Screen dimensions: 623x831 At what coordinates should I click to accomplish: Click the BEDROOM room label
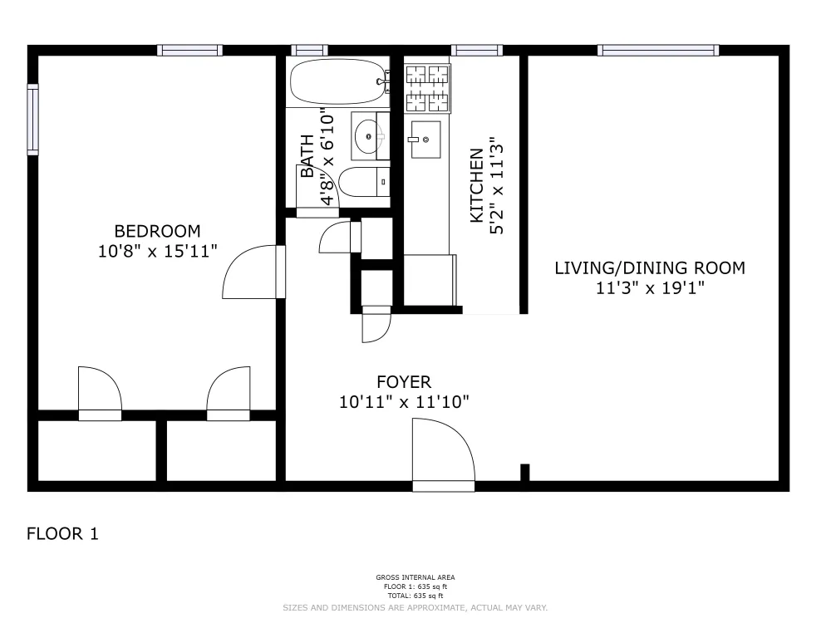click(157, 231)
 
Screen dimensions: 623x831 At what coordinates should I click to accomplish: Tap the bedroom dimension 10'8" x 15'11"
click(157, 251)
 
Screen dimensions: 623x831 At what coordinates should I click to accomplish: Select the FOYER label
click(404, 382)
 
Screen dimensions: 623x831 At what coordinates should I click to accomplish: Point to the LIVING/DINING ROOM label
click(649, 267)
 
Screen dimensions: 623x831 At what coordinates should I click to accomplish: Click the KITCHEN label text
click(477, 185)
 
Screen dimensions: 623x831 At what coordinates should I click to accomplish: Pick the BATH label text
click(307, 156)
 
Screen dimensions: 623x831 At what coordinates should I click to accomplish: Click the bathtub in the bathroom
click(338, 81)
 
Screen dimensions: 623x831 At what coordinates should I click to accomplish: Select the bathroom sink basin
click(366, 135)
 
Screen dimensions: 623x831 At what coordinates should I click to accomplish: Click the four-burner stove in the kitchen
click(427, 87)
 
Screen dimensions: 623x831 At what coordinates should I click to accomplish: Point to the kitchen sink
click(425, 139)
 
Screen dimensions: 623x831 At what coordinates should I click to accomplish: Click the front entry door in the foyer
click(444, 453)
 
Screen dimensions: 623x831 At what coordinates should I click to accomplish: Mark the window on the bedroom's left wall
click(32, 119)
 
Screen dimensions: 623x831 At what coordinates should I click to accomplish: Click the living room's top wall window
click(658, 50)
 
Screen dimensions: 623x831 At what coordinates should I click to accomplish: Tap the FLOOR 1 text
click(63, 534)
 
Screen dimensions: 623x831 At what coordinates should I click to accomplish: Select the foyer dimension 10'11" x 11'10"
click(404, 403)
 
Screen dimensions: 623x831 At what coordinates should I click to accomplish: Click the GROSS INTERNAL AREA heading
click(415, 577)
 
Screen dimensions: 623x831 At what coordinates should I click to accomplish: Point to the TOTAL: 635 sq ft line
click(415, 596)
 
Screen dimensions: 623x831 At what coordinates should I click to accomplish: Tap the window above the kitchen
click(476, 50)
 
